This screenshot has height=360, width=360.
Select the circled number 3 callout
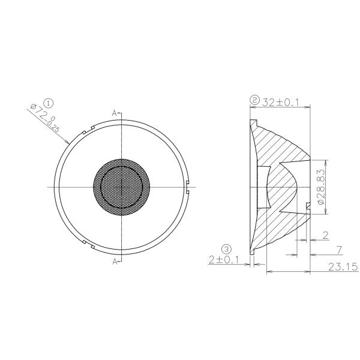coord(226,248)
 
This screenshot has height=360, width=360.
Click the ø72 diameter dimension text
coord(45,118)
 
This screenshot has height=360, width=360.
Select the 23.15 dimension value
coord(341,268)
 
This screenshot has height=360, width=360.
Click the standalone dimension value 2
coord(325,235)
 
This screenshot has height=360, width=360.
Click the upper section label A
coord(114,112)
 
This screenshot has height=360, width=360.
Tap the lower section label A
coord(114,261)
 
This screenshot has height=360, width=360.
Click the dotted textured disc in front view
coord(122,186)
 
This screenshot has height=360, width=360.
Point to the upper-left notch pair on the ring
coord(89,128)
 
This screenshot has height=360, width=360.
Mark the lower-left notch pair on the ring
coord(89,244)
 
